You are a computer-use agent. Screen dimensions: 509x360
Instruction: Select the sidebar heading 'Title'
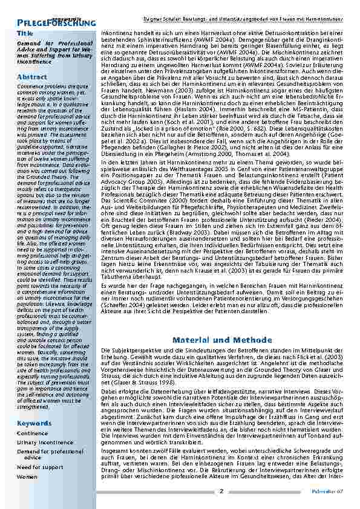[x=25, y=34]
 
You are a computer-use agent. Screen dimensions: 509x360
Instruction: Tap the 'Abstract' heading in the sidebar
[x=31, y=77]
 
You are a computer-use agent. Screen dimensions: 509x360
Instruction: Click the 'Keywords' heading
[x=34, y=423]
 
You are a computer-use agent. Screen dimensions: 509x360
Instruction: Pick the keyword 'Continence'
[x=32, y=433]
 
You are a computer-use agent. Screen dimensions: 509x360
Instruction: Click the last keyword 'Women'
[x=27, y=476]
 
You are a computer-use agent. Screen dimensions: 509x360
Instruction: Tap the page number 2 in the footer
[x=221, y=491]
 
